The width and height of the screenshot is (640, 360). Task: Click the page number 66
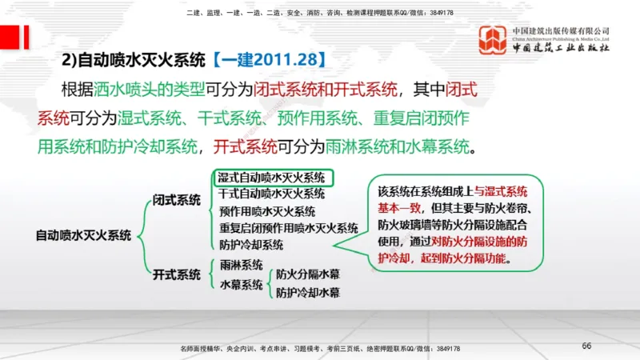(586, 346)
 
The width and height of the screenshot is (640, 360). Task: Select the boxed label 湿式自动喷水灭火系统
(271, 178)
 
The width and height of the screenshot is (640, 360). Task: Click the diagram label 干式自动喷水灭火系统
(271, 194)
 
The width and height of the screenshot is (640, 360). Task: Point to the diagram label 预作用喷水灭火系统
(266, 211)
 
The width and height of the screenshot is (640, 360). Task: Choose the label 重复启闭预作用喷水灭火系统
(288, 228)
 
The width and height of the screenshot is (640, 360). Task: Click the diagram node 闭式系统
(177, 200)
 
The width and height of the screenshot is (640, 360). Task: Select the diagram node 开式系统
(177, 274)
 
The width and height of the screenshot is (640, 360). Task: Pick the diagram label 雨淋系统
(241, 265)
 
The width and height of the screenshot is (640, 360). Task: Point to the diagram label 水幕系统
(241, 284)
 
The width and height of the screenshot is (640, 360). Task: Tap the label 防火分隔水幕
(308, 274)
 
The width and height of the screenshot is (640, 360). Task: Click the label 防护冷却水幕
(308, 293)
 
